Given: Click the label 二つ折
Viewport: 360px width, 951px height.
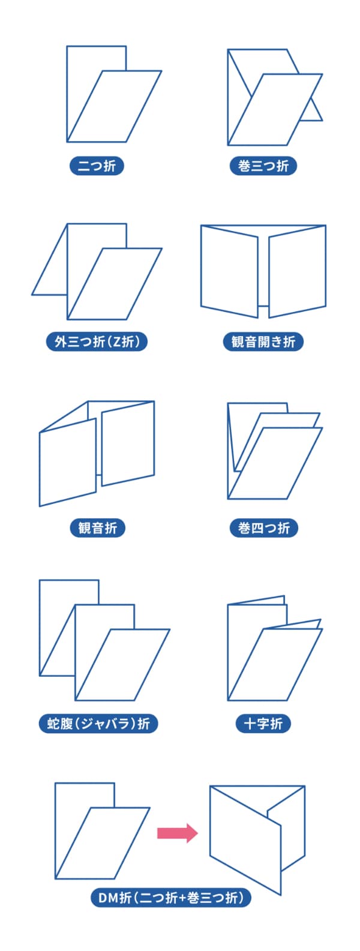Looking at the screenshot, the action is (x=97, y=166).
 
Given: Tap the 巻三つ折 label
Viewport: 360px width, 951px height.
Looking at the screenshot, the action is (x=263, y=166).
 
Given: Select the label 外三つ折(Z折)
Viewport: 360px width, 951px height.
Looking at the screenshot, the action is (x=97, y=342).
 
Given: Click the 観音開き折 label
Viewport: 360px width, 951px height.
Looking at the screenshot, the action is (x=263, y=342).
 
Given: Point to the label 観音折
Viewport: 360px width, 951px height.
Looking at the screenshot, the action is (x=97, y=528).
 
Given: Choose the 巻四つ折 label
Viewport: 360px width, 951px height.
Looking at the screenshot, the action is (x=263, y=528).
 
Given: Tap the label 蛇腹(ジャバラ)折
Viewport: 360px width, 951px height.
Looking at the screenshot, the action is (x=98, y=724).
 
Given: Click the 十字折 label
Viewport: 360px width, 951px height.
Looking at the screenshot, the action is (x=263, y=724).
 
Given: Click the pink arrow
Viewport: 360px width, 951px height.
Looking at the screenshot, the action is (x=178, y=833).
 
